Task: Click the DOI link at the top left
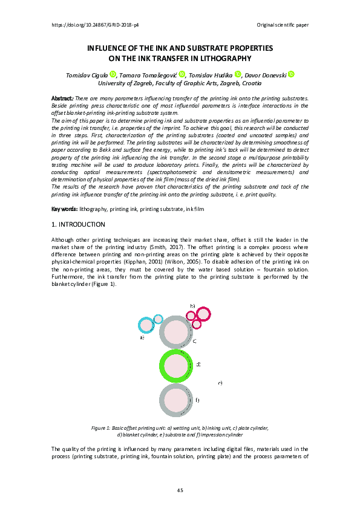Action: coord(96,25)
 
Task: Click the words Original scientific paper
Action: coord(283,25)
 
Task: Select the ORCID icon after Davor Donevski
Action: coord(291,74)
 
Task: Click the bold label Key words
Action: coord(64,209)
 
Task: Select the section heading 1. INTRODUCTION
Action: coord(79,224)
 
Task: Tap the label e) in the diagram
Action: coord(220,383)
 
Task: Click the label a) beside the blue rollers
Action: coord(142,338)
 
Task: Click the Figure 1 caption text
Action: coord(180,431)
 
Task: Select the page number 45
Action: coord(180,490)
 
